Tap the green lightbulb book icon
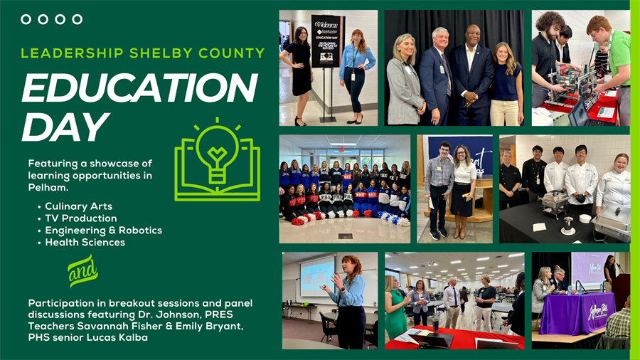pos(216,160)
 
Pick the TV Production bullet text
pos(81,218)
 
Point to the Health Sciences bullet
pos(85,243)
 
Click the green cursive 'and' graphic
pos(82,271)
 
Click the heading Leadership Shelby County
pos(142,53)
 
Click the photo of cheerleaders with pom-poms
pos(344,189)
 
